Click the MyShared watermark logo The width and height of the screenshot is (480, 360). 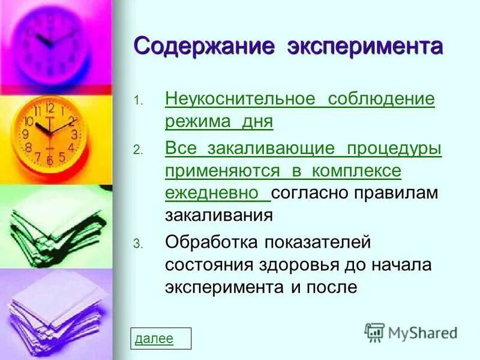(x=411, y=332)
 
